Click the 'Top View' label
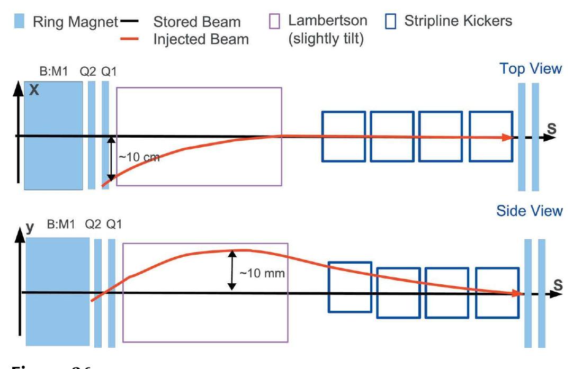pos(531,69)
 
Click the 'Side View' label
pos(529,211)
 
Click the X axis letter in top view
pos(34,90)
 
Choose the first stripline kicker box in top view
pos(343,136)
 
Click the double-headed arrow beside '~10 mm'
pos(231,270)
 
